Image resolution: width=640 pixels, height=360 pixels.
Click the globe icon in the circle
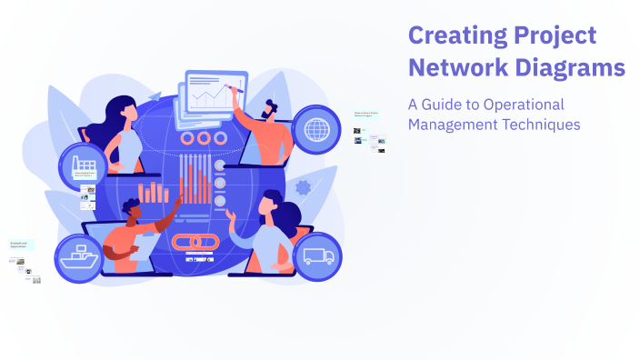317,128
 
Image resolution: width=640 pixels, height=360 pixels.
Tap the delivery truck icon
317,255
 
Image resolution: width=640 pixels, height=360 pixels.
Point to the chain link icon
193,244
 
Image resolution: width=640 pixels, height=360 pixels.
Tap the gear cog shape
304,188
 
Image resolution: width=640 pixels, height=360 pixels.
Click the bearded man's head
272,109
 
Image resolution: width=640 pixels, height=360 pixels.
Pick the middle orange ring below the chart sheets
204,138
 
